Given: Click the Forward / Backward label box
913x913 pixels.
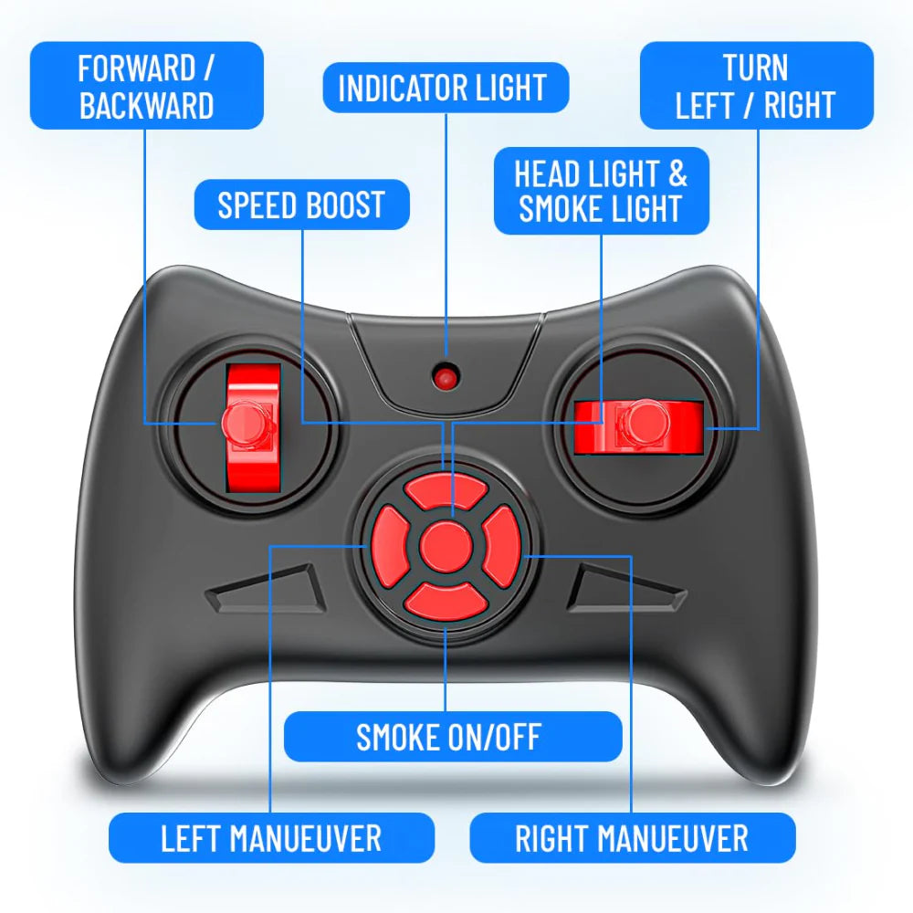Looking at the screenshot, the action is (147, 86).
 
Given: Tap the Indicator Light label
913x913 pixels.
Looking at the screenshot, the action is (446, 88).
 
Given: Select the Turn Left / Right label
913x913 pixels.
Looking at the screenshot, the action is (756, 86).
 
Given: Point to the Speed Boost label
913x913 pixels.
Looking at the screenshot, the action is (301, 205).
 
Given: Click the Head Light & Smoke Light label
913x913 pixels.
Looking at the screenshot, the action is (602, 191).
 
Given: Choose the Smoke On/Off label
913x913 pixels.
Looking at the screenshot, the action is (453, 737).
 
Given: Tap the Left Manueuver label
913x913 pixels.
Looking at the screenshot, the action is (271, 838).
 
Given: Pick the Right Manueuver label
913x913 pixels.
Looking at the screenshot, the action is (633, 838).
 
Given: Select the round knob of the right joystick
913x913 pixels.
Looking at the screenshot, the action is (643, 423).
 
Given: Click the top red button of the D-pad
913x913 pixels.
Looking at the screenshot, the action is (446, 492).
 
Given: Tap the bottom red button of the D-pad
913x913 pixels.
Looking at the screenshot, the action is (446, 601).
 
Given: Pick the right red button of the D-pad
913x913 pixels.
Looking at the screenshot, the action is (501, 547).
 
